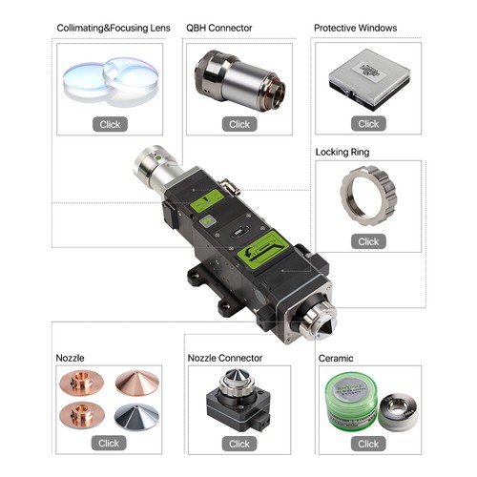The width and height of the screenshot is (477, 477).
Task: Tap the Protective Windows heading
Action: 355,28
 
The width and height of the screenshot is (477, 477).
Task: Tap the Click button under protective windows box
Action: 368,124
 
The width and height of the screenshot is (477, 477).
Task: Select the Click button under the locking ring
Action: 368,241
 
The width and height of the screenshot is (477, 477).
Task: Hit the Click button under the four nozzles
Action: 109,443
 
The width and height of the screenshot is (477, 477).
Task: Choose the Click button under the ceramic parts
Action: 368,443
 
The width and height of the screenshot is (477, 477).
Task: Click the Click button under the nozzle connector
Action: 238,443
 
